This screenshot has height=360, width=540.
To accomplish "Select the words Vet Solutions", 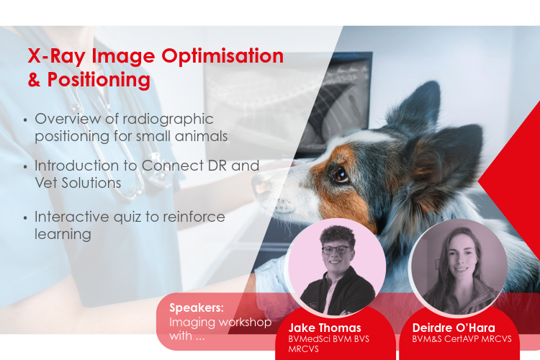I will [x=78, y=183].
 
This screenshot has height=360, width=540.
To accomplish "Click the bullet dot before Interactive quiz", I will [x=27, y=217].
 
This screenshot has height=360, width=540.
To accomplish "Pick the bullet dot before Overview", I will [x=27, y=120].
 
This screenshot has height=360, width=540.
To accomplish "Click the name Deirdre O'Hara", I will [x=454, y=328].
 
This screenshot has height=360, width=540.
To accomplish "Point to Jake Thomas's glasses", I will [x=337, y=250].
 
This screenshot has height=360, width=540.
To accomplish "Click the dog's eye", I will [x=340, y=174].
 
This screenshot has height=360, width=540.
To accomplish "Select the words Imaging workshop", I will [x=220, y=321].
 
